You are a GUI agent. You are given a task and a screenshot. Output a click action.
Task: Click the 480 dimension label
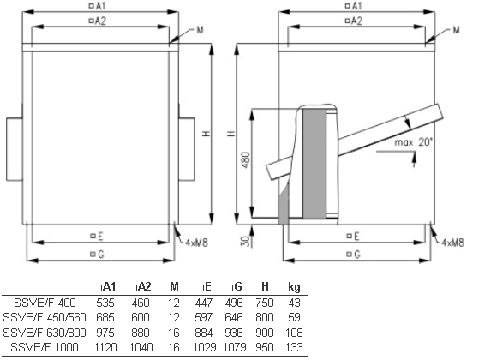pyautogui.click(x=246, y=160)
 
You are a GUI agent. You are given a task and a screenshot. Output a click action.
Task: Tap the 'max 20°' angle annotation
pyautogui.click(x=413, y=142)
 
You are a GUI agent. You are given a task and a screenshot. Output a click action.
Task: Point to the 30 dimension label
pyautogui.click(x=245, y=241)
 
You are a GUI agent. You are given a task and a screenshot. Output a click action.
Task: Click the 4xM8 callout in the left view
pyautogui.click(x=197, y=243)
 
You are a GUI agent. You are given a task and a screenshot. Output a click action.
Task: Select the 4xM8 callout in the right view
pyautogui.click(x=453, y=243)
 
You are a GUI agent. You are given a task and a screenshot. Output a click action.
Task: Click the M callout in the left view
pyautogui.click(x=201, y=30)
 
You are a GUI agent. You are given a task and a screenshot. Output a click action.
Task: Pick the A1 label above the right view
pyautogui.click(x=354, y=5)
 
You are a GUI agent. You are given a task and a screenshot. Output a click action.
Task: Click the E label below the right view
pyautogui.click(x=353, y=237)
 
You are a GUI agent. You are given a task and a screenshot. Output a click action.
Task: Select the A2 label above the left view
pyautogui.click(x=98, y=21)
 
